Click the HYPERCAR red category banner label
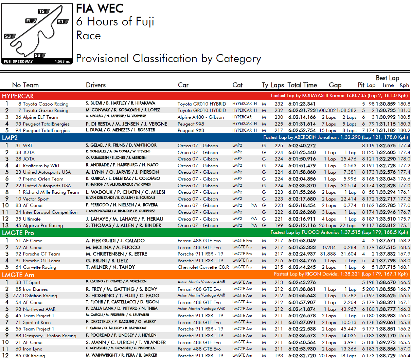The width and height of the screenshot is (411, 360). pyautogui.click(x=18, y=96)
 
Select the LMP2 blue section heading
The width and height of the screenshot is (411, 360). pyautogui.click(x=10, y=138)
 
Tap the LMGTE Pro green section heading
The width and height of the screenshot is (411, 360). pyautogui.click(x=18, y=233)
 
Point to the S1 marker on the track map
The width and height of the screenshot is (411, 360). pyautogui.click(x=61, y=22)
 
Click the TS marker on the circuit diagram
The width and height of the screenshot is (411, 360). pyautogui.click(x=42, y=12)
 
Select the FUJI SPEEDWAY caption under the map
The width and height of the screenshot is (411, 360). pyautogui.click(x=18, y=61)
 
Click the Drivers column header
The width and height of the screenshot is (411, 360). pyautogui.click(x=96, y=85)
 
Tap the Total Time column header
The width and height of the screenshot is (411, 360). pyautogui.click(x=302, y=85)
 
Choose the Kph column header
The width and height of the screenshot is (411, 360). pyautogui.click(x=404, y=85)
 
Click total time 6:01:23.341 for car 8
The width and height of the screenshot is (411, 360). pyautogui.click(x=302, y=104)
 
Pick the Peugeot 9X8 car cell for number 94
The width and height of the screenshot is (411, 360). pyautogui.click(x=191, y=130)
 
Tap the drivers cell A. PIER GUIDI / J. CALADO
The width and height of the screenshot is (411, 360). pyautogui.click(x=115, y=241)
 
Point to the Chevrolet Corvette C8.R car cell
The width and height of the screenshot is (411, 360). pyautogui.click(x=203, y=267)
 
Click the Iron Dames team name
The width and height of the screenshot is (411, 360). pyautogui.click(x=35, y=289)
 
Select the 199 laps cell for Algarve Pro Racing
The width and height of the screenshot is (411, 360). pyautogui.click(x=279, y=225)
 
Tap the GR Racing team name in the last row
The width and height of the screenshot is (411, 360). pyautogui.click(x=34, y=356)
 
